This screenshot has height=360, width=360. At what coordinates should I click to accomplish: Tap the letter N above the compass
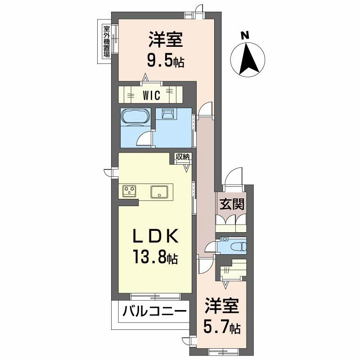pyautogui.click(x=244, y=35)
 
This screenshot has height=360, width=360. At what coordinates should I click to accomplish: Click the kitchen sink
pyautogui.click(x=159, y=191)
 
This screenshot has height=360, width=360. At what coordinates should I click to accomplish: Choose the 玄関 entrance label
pyautogui.click(x=232, y=205)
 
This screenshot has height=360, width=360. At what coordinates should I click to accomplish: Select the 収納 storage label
pyautogui.click(x=183, y=157)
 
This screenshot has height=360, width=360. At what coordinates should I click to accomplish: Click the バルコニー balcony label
pyautogui.click(x=153, y=311)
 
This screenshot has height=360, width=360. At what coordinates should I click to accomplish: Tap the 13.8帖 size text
pyautogui.click(x=154, y=258)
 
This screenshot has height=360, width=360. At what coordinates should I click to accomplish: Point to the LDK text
pyautogui.click(x=154, y=237)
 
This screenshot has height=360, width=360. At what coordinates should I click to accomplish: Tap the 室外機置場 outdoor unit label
pyautogui.click(x=107, y=41)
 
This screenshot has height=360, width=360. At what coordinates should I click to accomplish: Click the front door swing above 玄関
pyautogui.click(x=234, y=176)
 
